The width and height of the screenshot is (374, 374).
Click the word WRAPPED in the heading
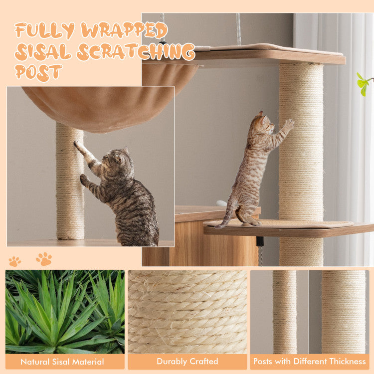pyautogui.click(x=124, y=30)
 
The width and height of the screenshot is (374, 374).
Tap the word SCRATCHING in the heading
pyautogui.click(x=136, y=51)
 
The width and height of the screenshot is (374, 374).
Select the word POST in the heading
pyautogui.click(x=38, y=72)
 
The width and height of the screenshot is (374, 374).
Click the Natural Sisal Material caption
pyautogui.click(x=62, y=362)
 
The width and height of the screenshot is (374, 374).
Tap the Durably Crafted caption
pyautogui.click(x=187, y=362)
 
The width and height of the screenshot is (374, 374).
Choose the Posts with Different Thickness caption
pyautogui.click(x=309, y=362)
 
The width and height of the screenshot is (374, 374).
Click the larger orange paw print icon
pyautogui.click(x=44, y=259)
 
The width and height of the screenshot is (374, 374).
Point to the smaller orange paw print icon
pyautogui.click(x=15, y=261)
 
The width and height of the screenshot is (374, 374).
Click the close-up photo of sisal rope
pyautogui.click(x=187, y=312)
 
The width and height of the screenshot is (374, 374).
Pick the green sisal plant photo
pyautogui.click(x=65, y=312)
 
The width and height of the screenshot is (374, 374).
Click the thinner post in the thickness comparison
pyautogui.click(x=285, y=312)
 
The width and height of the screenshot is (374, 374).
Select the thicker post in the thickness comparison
pyautogui.click(x=344, y=312)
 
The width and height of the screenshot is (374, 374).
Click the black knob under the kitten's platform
pyautogui.click(x=260, y=241)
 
